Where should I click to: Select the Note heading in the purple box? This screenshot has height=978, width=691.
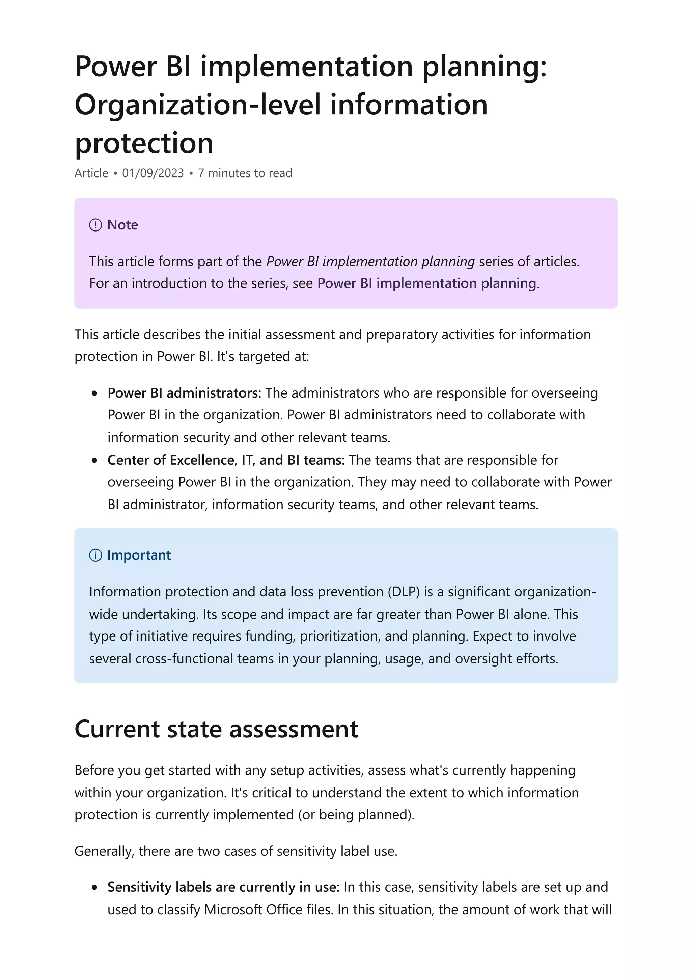pyautogui.click(x=122, y=225)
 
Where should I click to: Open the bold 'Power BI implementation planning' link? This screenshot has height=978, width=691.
pyautogui.click(x=426, y=283)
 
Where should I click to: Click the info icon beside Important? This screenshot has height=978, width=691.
pyautogui.click(x=95, y=555)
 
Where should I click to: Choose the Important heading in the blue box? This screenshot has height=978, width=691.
pyautogui.click(x=139, y=555)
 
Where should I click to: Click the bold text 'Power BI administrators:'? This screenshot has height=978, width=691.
pyautogui.click(x=184, y=393)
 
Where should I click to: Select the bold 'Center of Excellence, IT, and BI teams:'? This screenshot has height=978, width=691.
pyautogui.click(x=226, y=460)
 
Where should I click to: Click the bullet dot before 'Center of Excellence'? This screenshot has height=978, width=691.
pyautogui.click(x=94, y=461)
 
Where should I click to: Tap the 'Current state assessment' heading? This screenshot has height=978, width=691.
pyautogui.click(x=216, y=729)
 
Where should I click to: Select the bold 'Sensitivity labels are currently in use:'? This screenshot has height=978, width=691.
pyautogui.click(x=223, y=887)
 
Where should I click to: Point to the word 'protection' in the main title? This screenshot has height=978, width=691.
pyautogui.click(x=144, y=143)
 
